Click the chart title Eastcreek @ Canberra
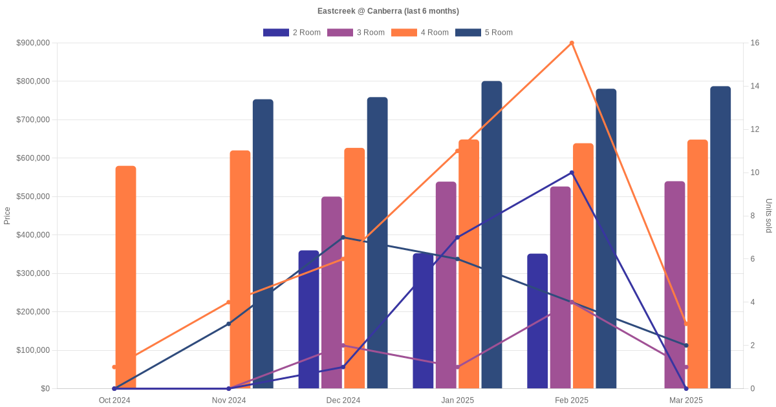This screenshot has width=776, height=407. point(388,11)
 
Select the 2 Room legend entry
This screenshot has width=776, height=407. point(292,32)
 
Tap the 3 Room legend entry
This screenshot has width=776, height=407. point(356,32)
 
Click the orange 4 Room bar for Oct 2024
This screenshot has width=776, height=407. point(125,278)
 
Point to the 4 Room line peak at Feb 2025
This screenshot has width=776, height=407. point(572,43)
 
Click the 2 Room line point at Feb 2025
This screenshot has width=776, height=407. point(572,172)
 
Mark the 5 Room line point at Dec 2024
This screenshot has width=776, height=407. point(343,238)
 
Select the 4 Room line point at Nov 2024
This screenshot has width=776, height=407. point(229,302)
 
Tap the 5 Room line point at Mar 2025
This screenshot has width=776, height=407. point(686,346)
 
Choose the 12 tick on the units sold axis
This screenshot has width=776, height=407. point(754,129)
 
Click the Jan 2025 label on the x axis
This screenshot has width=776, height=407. point(458,401)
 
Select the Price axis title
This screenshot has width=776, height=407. point(7,216)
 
